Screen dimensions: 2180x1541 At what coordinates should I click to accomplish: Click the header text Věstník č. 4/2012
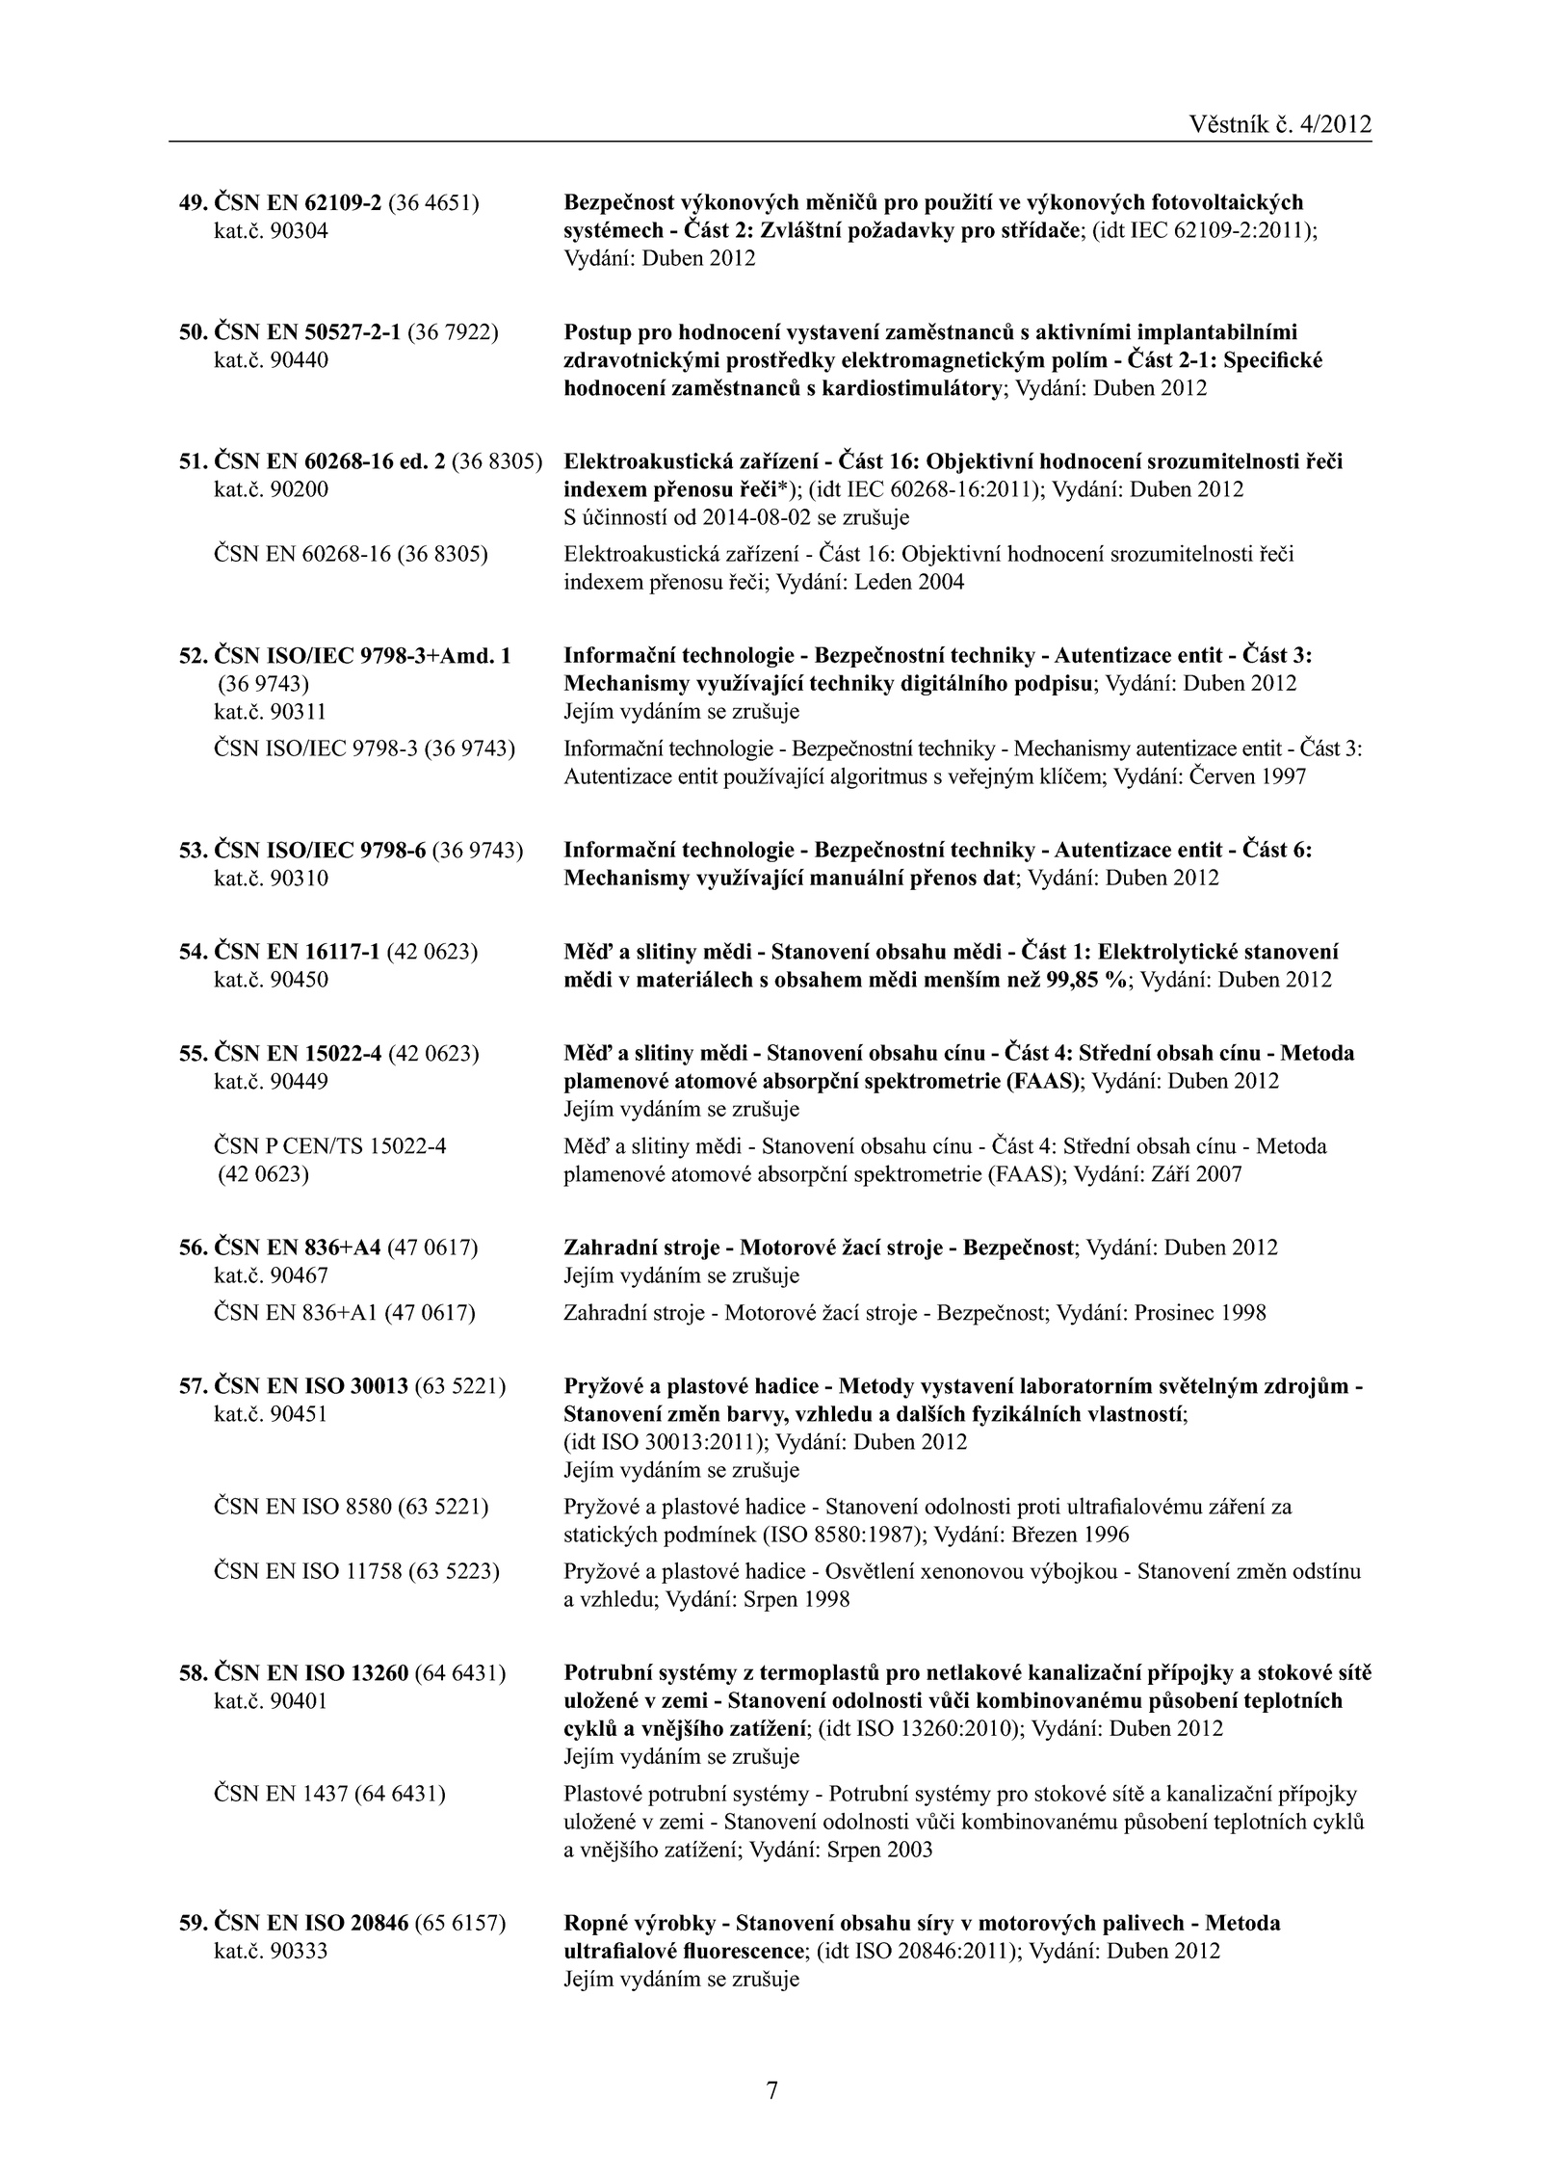click(x=1280, y=124)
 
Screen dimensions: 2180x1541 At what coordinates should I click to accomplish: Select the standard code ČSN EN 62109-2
click(x=297, y=202)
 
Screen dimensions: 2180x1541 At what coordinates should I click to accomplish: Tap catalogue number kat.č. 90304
click(x=270, y=231)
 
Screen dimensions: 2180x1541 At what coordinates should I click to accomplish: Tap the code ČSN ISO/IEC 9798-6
click(x=319, y=851)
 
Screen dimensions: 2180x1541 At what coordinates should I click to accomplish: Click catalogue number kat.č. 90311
click(x=270, y=712)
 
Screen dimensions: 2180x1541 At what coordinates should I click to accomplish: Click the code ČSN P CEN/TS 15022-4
click(x=329, y=1146)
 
